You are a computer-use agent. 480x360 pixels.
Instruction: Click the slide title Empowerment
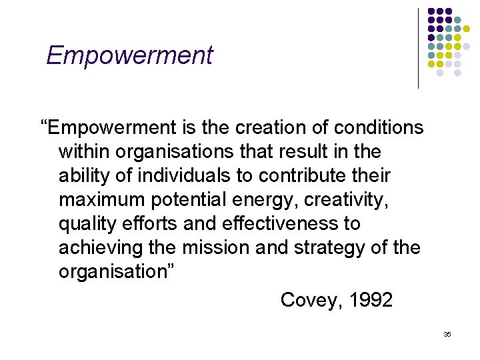pos(129,55)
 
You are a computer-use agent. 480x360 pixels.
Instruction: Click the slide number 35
pos(447,333)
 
